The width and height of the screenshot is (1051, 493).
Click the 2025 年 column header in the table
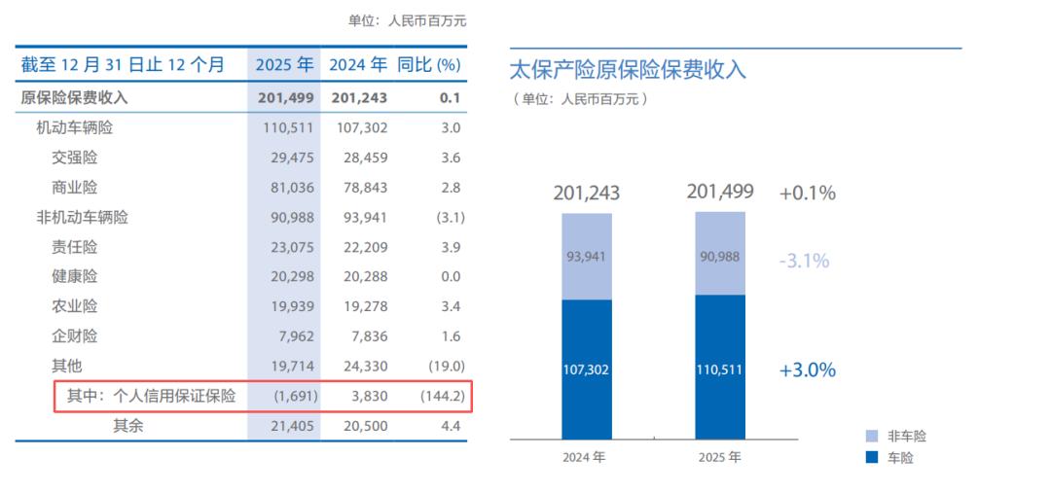[284, 65]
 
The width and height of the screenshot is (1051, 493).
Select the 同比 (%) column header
[428, 65]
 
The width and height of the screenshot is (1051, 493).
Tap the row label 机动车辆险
[81, 127]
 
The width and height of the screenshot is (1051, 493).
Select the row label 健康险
[75, 277]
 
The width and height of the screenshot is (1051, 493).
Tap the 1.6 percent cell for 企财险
[450, 336]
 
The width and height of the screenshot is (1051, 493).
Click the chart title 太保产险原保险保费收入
[628, 70]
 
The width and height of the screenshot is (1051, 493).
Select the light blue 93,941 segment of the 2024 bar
[587, 257]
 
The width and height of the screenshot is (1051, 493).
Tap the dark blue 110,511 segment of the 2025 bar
[720, 370]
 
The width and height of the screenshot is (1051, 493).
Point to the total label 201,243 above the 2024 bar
[587, 194]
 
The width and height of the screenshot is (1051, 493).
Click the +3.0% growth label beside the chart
[807, 370]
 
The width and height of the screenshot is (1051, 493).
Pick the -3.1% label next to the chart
[804, 261]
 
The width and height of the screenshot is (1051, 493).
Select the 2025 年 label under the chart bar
[720, 456]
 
